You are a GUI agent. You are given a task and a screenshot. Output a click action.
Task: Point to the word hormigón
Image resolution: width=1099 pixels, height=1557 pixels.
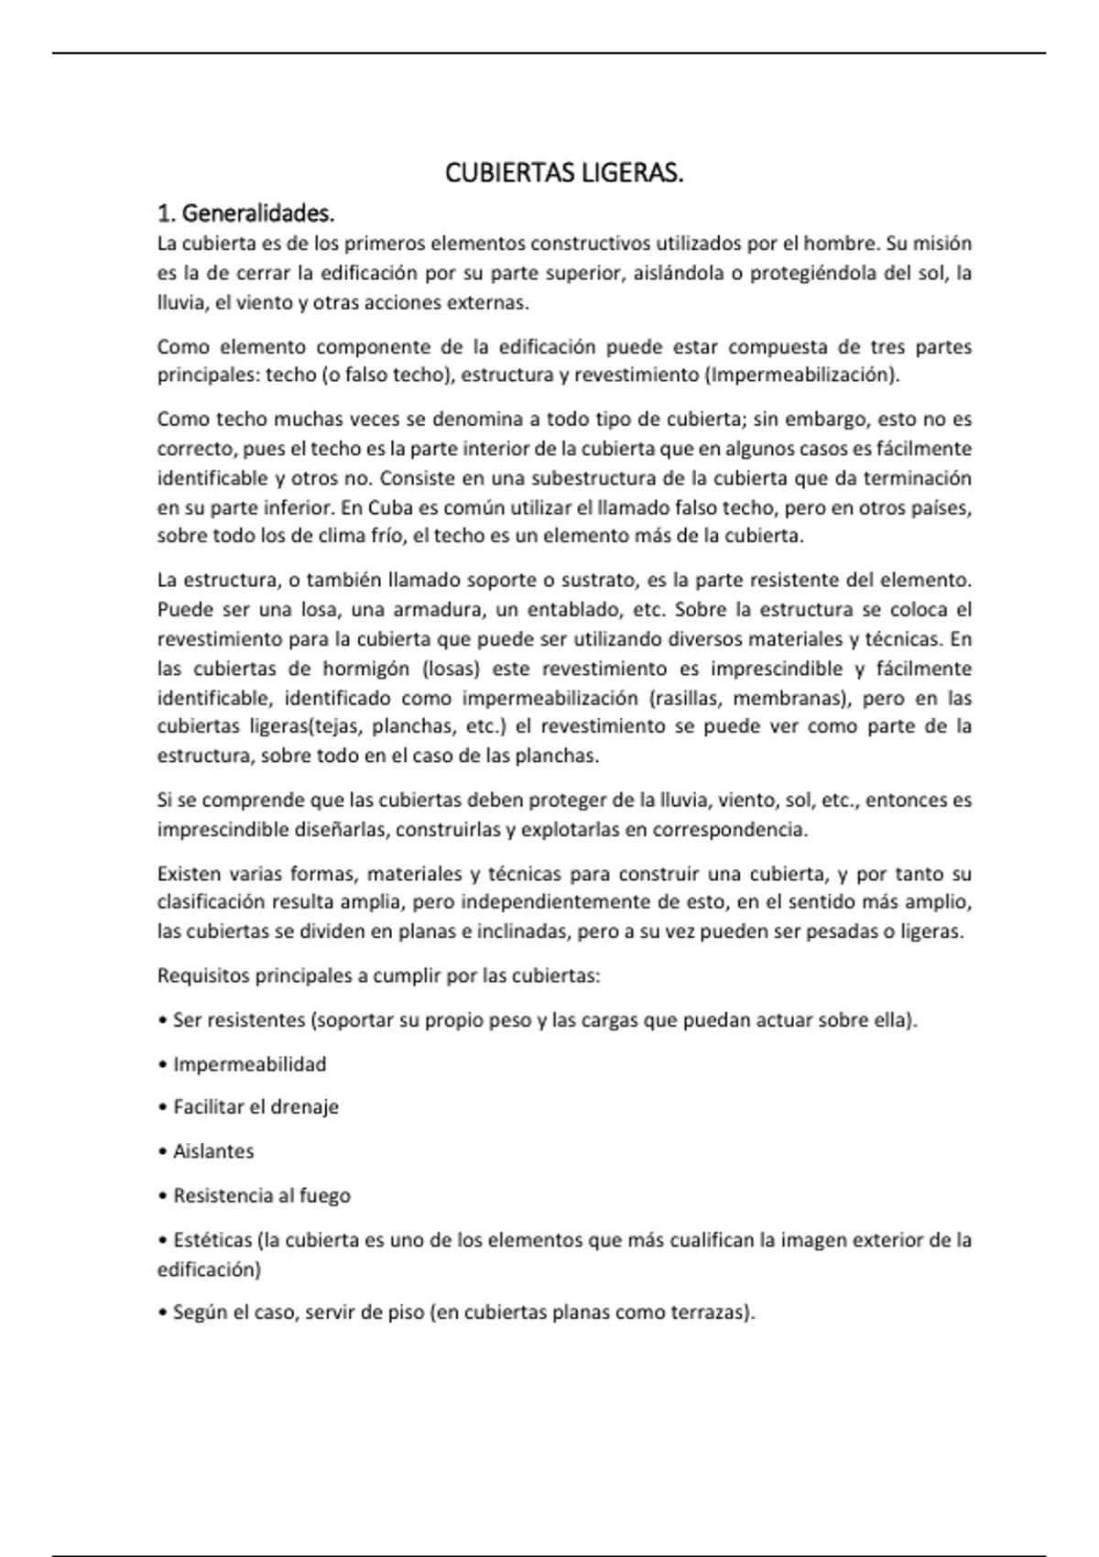click(x=365, y=669)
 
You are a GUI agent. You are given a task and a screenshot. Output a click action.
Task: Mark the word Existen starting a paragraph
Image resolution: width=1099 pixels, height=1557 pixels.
click(x=189, y=874)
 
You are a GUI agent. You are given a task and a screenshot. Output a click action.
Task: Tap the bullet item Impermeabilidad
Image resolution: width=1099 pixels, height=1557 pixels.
click(x=249, y=1064)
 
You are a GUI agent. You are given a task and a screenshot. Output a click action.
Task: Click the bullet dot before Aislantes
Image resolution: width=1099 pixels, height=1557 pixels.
click(x=162, y=1152)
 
